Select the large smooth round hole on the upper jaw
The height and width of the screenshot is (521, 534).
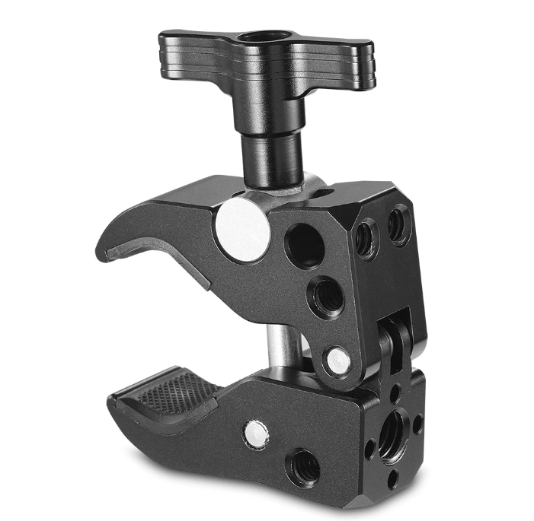(302, 246)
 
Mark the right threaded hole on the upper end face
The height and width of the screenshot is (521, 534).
(398, 224)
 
